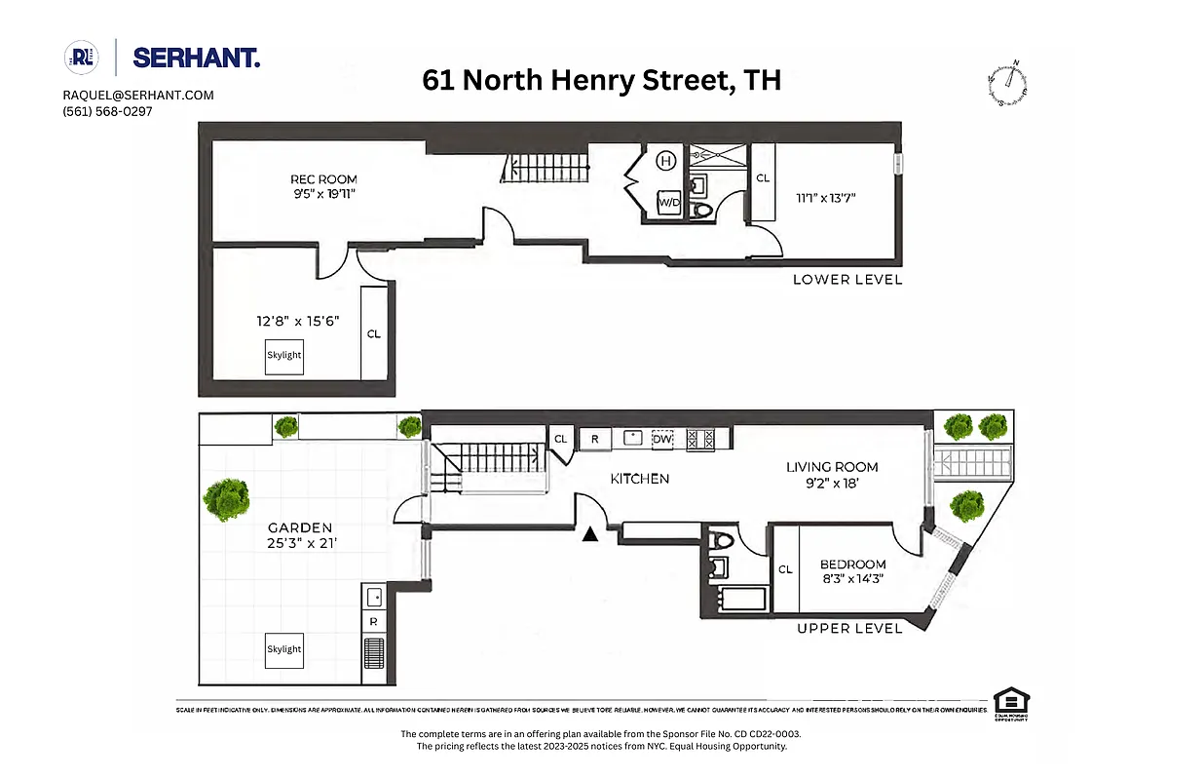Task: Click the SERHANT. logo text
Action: (x=196, y=58)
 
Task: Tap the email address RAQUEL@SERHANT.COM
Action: (x=138, y=95)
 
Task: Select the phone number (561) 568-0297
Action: (x=107, y=111)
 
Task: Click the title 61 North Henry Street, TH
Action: (x=601, y=80)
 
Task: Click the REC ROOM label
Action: (x=323, y=179)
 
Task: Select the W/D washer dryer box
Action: (x=669, y=202)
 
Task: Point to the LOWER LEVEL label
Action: (x=847, y=280)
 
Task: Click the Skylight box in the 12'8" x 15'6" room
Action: (x=284, y=356)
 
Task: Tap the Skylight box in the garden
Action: (x=284, y=649)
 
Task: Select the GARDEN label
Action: (x=302, y=527)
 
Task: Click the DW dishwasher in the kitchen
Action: (x=662, y=439)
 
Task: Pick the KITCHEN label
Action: (x=639, y=479)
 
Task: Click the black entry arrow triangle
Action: (x=589, y=533)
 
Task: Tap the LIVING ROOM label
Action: (x=832, y=467)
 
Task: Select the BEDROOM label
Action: (x=852, y=565)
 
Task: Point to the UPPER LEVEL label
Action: (x=848, y=629)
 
